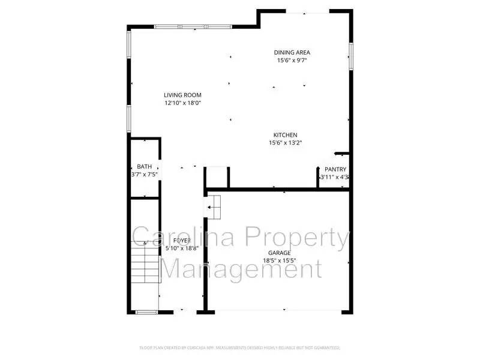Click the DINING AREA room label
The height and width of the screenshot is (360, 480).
[x=292, y=52]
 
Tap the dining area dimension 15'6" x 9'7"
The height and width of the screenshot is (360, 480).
[x=292, y=60]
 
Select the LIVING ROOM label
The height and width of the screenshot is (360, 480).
[x=182, y=95]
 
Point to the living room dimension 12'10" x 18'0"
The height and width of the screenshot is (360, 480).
[x=182, y=103]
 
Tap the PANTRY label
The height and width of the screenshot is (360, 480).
[x=335, y=170]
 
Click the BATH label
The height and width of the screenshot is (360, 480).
[x=144, y=167]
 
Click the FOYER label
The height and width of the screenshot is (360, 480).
[x=182, y=241]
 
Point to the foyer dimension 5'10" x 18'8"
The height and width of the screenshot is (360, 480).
[x=182, y=248]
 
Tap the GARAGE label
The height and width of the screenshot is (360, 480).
[x=279, y=253]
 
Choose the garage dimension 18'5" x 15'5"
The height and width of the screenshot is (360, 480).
[x=279, y=260]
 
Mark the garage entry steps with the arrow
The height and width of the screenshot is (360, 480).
[x=214, y=207]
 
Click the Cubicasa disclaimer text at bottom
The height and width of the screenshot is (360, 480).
[x=239, y=347]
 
